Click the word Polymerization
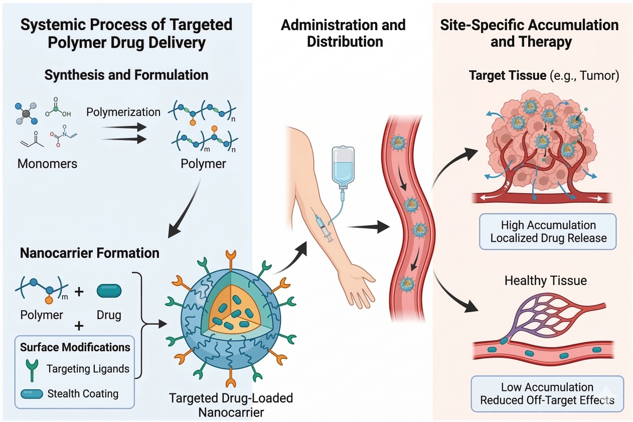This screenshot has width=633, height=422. (123, 111)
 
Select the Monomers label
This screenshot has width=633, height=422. (48, 164)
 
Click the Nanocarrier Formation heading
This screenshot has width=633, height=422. (90, 253)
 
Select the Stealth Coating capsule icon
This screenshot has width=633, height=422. (31, 393)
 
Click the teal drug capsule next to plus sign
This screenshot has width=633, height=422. (109, 291)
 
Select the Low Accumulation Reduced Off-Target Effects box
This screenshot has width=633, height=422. (547, 393)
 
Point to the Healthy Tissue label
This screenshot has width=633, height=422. (545, 280)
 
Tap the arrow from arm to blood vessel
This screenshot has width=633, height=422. (369, 227)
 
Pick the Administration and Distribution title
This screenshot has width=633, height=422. (344, 34)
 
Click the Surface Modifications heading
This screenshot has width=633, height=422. (75, 347)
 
